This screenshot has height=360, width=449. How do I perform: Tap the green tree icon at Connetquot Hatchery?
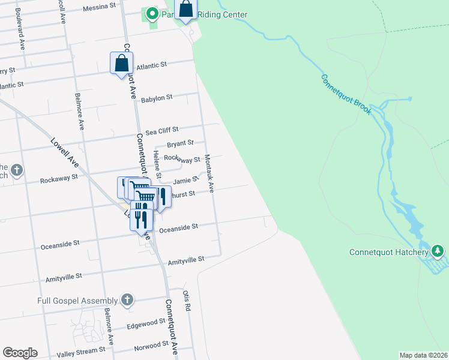[438, 250]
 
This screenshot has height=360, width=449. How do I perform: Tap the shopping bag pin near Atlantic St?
[121, 63]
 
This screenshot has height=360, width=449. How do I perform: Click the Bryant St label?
[180, 143]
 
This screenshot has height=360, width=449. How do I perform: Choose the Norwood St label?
[151, 345]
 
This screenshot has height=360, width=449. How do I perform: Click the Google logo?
[20, 353]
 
